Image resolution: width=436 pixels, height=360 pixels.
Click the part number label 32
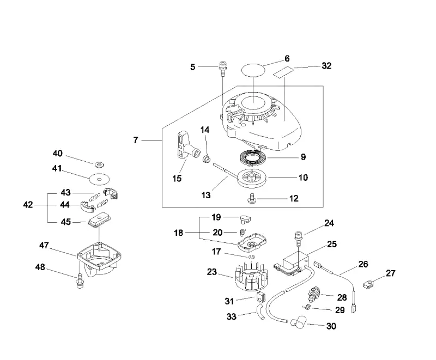326,66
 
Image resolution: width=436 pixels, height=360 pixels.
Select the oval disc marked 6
253,70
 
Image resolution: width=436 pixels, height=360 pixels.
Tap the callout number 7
136,140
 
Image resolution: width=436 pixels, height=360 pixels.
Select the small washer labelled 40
99,164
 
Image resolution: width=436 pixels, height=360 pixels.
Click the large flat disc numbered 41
99,179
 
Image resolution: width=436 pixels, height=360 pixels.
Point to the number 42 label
28,205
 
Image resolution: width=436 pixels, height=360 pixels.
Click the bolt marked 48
80,280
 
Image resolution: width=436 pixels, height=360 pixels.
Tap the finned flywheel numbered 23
251,276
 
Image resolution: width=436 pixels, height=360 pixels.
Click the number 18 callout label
179,233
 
